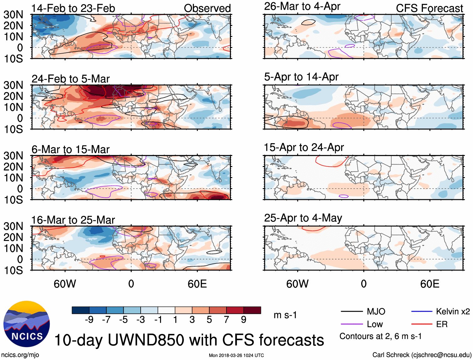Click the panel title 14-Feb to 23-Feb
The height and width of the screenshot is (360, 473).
[x=73, y=8]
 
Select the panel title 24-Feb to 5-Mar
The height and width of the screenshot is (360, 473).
[x=70, y=79]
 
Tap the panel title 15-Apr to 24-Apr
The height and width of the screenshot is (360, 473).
[x=304, y=147]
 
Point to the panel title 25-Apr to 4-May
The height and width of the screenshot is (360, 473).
[x=303, y=218]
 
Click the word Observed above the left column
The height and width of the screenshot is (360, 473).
[x=207, y=8]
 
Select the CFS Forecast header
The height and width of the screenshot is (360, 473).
[x=429, y=8]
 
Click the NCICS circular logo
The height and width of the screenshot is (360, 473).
[x=27, y=324]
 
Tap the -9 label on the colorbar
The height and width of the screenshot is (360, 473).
[x=89, y=320]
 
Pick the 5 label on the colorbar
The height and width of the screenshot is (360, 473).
[x=209, y=320]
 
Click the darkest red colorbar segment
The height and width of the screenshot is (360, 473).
[x=252, y=310]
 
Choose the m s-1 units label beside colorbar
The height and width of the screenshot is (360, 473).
[x=285, y=315]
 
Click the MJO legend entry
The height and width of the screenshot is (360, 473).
[x=376, y=311]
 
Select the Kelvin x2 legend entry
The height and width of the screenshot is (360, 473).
[x=453, y=311]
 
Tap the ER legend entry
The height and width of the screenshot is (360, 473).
[x=442, y=324]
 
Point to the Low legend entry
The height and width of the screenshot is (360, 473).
[x=375, y=324]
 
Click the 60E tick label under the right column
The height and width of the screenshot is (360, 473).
[x=429, y=284]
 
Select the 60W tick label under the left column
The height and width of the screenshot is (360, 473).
[x=65, y=284]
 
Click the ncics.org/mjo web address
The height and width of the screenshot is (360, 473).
[x=20, y=355]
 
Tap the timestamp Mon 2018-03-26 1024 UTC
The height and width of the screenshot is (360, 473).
[x=236, y=355]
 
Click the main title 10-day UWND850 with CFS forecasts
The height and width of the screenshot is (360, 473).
[x=189, y=340]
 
